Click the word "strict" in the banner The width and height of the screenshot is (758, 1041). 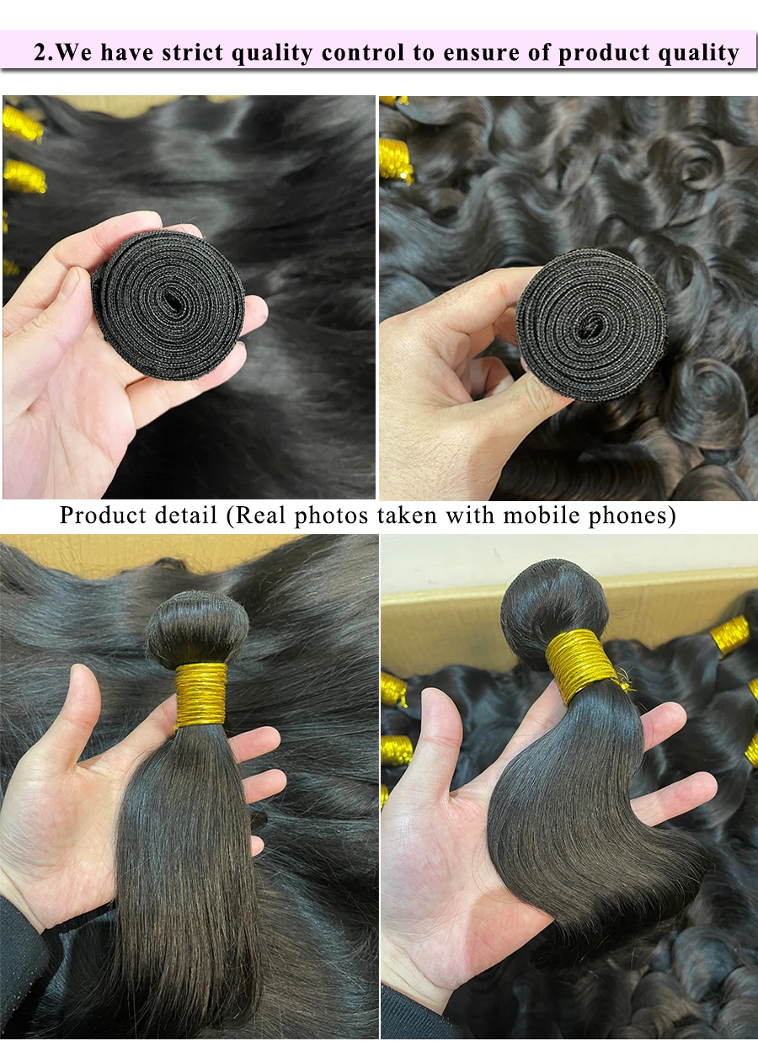point(192,52)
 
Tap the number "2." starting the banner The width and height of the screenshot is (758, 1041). point(44,52)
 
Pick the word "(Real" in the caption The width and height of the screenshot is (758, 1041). point(255,515)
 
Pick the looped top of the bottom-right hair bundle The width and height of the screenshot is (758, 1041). point(554,600)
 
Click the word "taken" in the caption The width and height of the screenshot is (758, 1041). point(407,515)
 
